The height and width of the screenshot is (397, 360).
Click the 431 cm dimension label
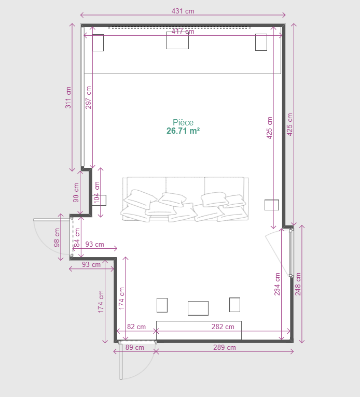coord(183,11)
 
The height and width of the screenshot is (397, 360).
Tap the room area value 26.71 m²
coord(183,131)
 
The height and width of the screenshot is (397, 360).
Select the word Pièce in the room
coord(183,122)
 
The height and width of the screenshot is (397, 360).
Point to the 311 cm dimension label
coord(68,97)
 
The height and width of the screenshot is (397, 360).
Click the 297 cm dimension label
coord(88,97)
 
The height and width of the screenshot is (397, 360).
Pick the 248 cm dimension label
coord(298,284)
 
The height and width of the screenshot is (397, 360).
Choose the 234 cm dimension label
coord(277,284)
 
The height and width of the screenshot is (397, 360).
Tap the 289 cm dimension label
coord(225,347)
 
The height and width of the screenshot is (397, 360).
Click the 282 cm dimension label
coord(223,327)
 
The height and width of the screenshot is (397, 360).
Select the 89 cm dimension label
coord(134,347)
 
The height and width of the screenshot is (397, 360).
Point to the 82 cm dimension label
coord(136,327)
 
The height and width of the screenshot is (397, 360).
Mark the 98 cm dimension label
coord(57,237)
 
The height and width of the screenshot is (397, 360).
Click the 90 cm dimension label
coord(76,193)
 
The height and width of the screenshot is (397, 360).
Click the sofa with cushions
coord(185,199)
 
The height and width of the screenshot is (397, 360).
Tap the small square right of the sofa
coord(272,205)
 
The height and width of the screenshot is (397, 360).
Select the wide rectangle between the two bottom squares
coord(198,308)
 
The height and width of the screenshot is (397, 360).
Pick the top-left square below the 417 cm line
coord(98,42)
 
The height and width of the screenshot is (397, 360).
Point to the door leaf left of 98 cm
coord(52,220)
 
